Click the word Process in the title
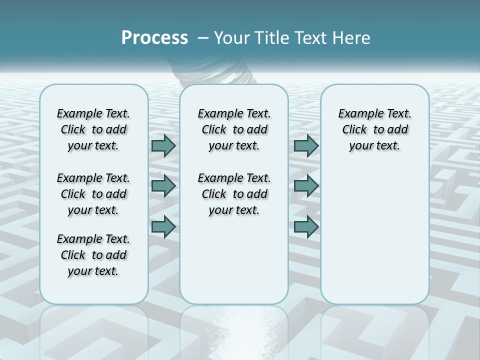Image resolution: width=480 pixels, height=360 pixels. [x=154, y=38]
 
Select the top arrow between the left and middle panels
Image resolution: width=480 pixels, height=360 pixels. [x=163, y=145]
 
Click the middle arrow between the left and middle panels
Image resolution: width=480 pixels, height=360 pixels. [x=163, y=186]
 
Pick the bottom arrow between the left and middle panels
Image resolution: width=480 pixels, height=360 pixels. [x=163, y=226]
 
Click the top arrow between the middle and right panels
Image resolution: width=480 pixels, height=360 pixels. [x=306, y=145]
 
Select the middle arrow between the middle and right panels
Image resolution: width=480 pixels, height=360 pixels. [x=306, y=186]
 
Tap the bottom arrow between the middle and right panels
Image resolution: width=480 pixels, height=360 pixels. [x=306, y=226]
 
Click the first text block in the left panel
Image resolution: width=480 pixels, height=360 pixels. [x=93, y=129]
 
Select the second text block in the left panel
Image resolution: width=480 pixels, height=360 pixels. [x=93, y=194]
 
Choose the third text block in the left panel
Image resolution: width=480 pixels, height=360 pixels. [x=93, y=255]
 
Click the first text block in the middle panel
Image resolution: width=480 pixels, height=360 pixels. [x=234, y=129]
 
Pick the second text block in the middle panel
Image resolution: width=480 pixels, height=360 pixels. [x=234, y=194]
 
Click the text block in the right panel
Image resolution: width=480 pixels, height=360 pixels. [x=374, y=129]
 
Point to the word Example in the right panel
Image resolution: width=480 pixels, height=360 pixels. [x=358, y=114]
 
